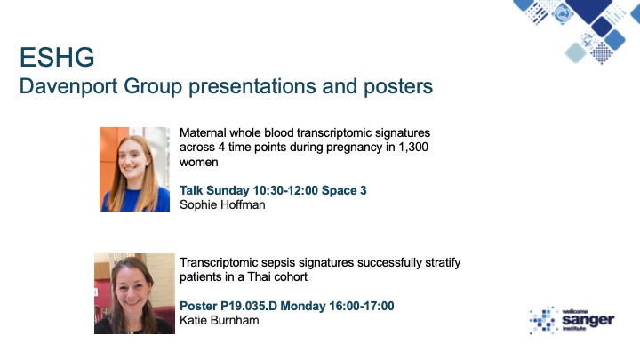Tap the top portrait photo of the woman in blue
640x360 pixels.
pos(134,169)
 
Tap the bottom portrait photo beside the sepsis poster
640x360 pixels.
pos(134,292)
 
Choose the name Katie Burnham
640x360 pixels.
pos(220,320)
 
